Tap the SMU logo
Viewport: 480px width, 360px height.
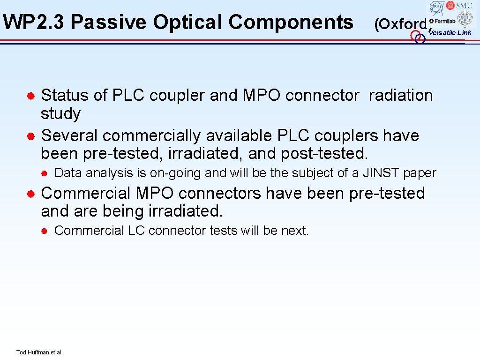tap(459, 6)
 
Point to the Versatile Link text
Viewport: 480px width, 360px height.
tap(450, 33)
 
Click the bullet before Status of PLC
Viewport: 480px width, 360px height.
tap(30, 96)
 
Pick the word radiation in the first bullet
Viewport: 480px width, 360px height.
tap(401, 95)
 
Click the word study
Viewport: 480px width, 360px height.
tap(60, 113)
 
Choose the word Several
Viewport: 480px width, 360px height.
tap(70, 135)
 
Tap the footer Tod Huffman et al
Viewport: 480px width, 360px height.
tap(38, 352)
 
